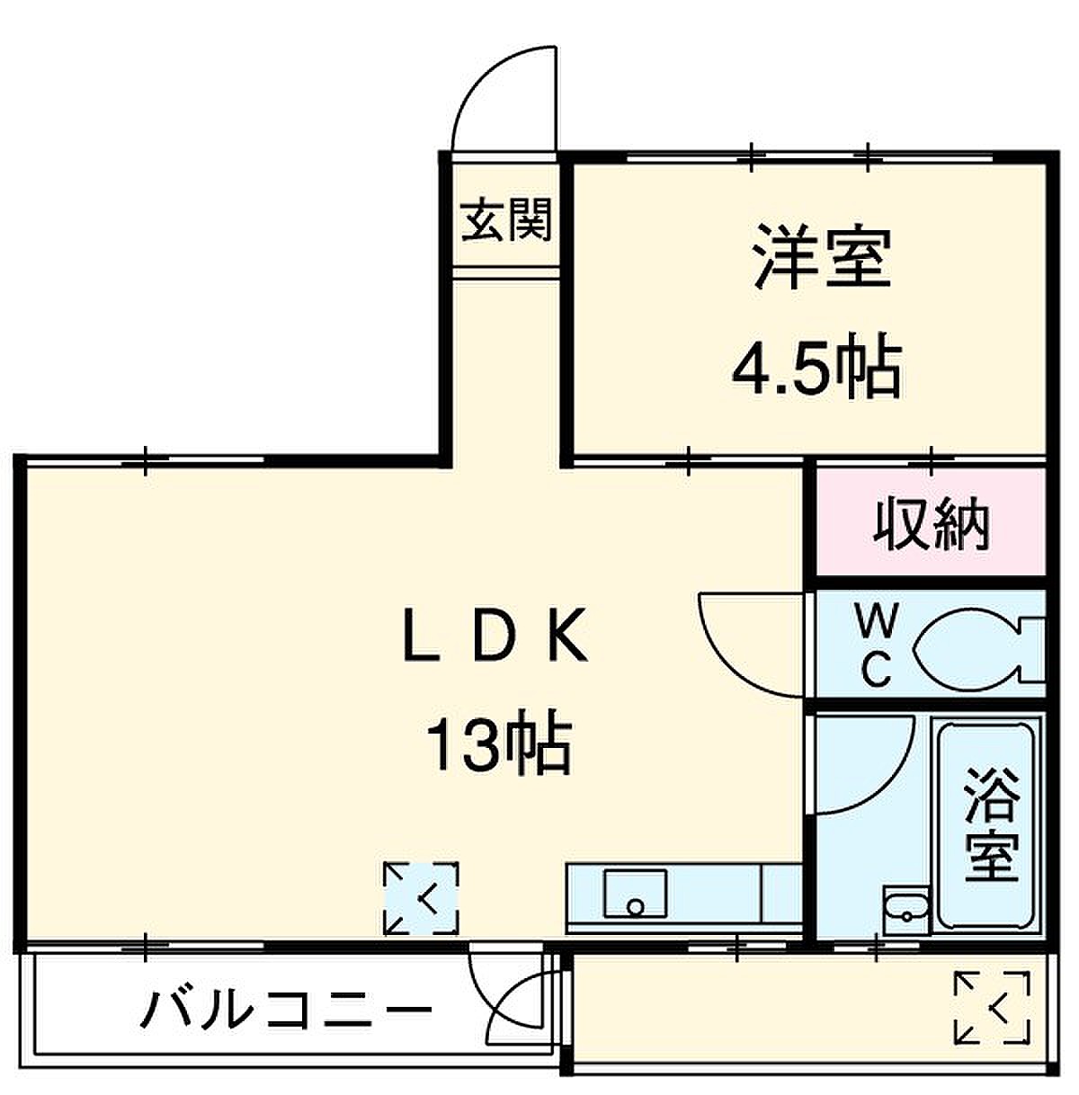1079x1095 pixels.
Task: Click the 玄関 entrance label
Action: tap(505, 220)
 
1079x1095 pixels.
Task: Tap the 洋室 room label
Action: tap(822, 258)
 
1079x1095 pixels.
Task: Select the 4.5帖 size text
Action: tap(817, 365)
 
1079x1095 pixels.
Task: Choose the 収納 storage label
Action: tap(932, 523)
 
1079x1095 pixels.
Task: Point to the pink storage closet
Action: tap(932, 521)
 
